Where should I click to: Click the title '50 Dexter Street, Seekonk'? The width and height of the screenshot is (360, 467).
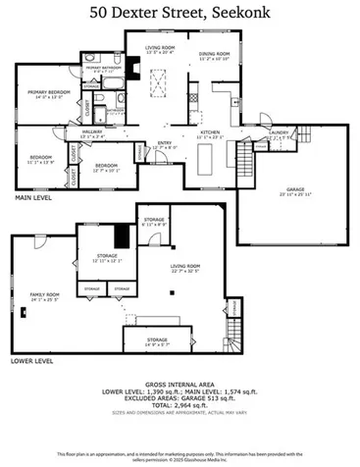180,13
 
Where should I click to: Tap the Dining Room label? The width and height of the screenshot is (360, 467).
214,56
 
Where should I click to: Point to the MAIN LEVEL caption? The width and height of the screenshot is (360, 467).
33,197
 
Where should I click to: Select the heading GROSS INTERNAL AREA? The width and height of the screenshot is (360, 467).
180,384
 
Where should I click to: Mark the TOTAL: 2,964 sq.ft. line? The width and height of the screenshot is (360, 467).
180,404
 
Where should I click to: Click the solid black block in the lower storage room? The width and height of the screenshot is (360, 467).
121,235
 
